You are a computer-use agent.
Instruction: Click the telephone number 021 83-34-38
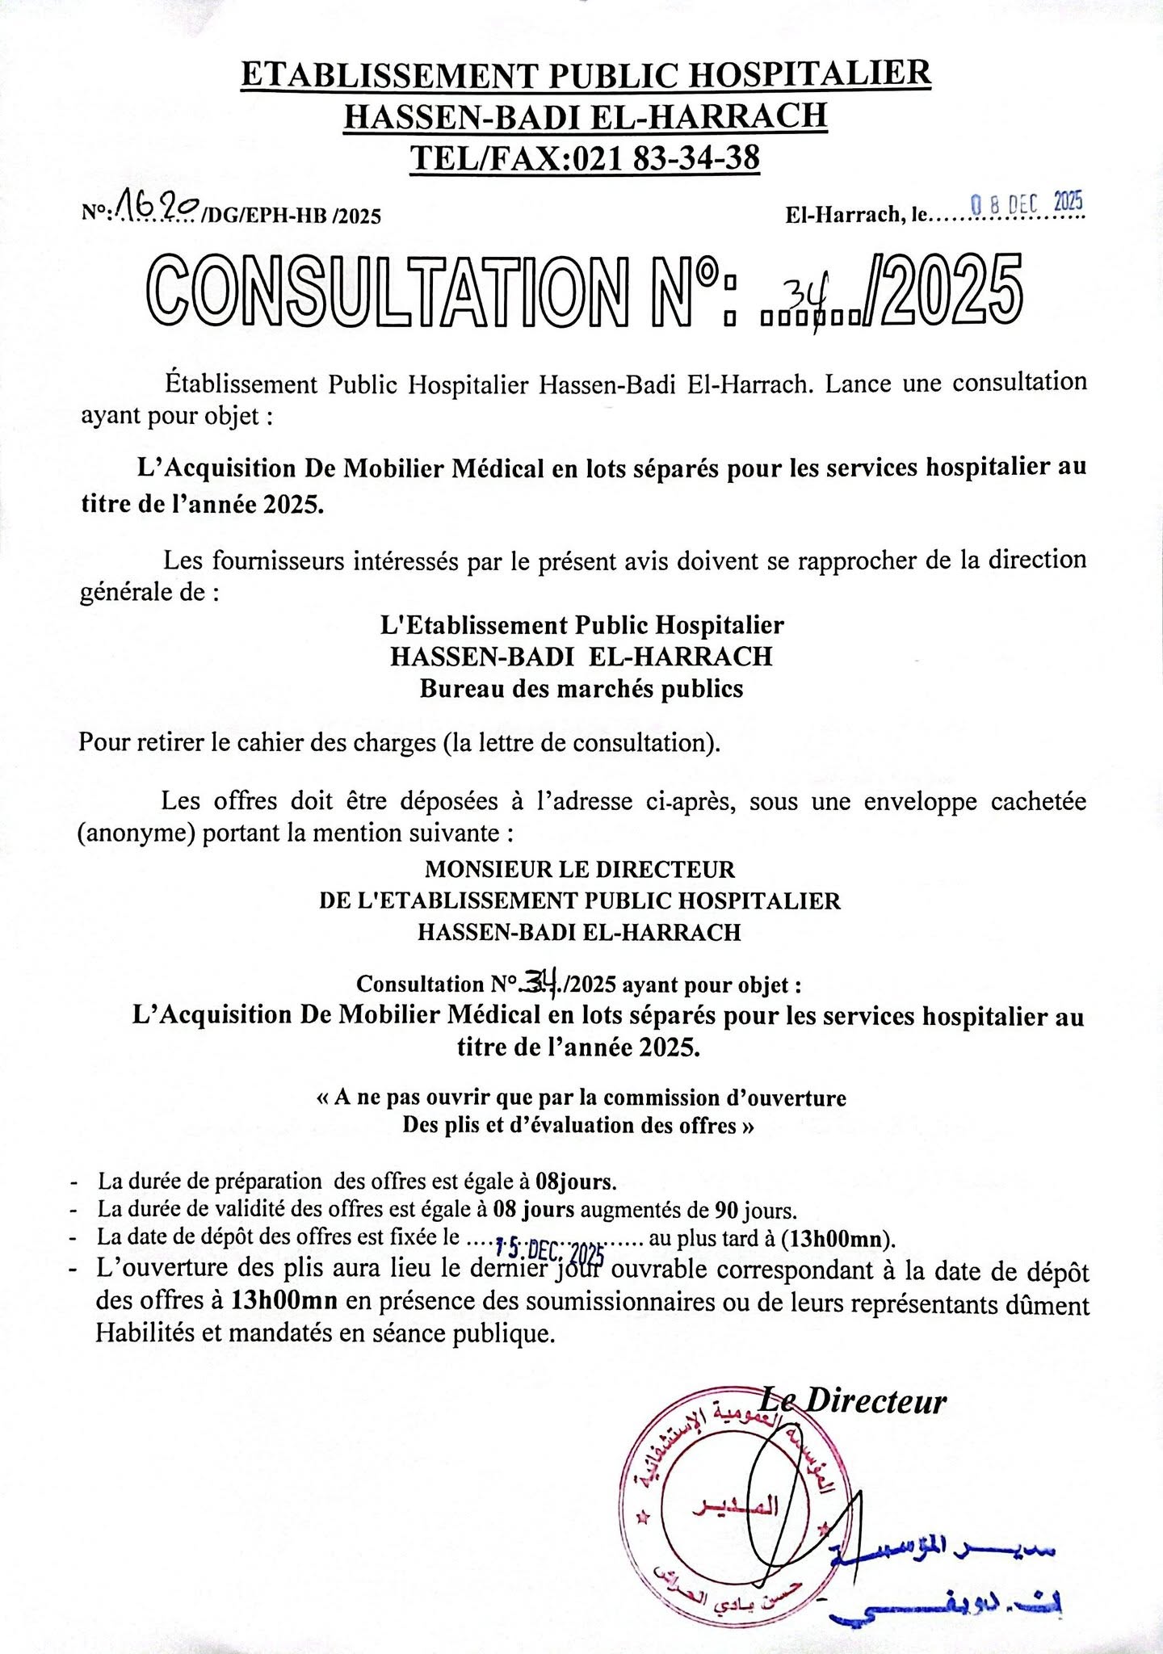pos(665,157)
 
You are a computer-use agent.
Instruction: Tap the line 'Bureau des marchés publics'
pos(581,689)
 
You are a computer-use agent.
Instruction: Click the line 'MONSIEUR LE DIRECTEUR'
pos(580,869)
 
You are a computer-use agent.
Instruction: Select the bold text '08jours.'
pos(576,1182)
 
